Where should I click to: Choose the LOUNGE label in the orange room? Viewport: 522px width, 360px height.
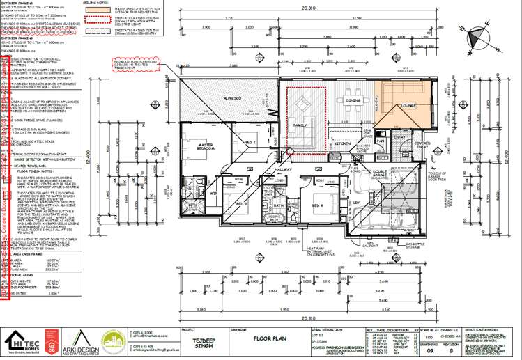tap(408, 106)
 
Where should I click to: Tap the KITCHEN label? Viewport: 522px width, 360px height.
tap(341, 143)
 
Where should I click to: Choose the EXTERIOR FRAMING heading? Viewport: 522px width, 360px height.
tap(20, 5)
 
